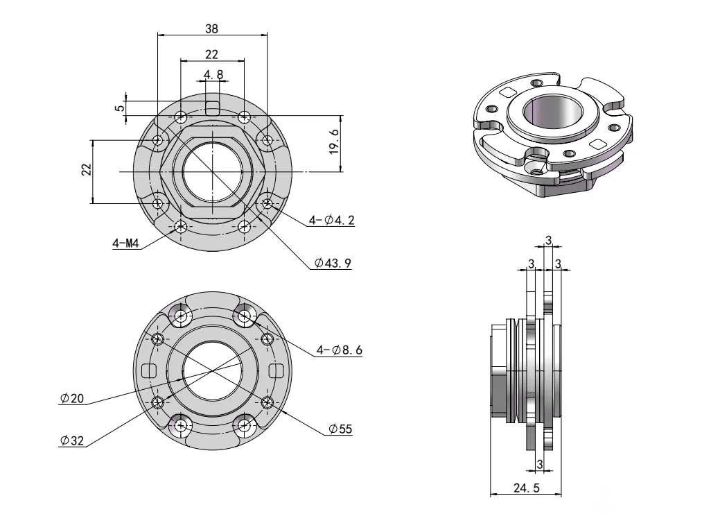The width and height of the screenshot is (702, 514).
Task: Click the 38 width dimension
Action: click(212, 28)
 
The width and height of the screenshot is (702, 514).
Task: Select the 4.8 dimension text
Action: click(213, 74)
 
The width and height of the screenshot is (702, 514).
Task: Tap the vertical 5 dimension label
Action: click(120, 108)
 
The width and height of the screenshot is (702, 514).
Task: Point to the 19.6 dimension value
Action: click(335, 141)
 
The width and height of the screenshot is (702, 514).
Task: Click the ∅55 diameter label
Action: click(340, 429)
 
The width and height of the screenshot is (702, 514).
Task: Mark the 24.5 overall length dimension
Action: click(525, 488)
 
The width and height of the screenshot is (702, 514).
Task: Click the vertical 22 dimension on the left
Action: click(86, 171)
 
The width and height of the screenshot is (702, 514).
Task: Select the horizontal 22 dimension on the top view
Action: click(212, 54)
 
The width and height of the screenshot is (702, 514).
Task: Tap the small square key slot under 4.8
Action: click(213, 108)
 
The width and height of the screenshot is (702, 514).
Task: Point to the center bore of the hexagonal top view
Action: click(212, 171)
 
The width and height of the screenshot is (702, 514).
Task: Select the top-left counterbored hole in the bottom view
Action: click(182, 316)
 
